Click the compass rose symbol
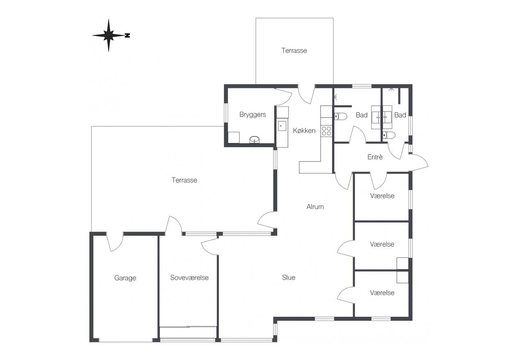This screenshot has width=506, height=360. tap(109, 35)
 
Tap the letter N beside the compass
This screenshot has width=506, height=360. tap(128, 35)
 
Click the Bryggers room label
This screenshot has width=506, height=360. tap(253, 115)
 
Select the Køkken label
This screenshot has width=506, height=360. tap(304, 130)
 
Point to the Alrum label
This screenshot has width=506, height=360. tap(315, 207)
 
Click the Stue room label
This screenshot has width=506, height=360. tap(289, 277)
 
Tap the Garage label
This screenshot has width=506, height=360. tap(125, 278)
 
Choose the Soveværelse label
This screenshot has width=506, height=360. tap(189, 278)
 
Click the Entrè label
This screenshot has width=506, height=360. tap(375, 157)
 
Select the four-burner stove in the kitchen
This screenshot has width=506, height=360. tap(326, 131)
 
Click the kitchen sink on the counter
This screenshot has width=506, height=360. tap(282, 126)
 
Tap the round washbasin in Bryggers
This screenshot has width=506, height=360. tap(255, 139)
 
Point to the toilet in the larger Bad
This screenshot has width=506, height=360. tap(340, 116)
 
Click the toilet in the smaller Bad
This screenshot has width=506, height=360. tap(389, 135)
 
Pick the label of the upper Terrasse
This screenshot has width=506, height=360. tap(294, 50)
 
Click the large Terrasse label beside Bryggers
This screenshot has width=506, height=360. tap(185, 180)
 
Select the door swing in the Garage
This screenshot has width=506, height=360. tap(114, 242)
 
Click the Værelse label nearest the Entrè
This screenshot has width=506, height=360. tap(382, 196)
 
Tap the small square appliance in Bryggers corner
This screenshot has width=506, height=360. tap(233, 137)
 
